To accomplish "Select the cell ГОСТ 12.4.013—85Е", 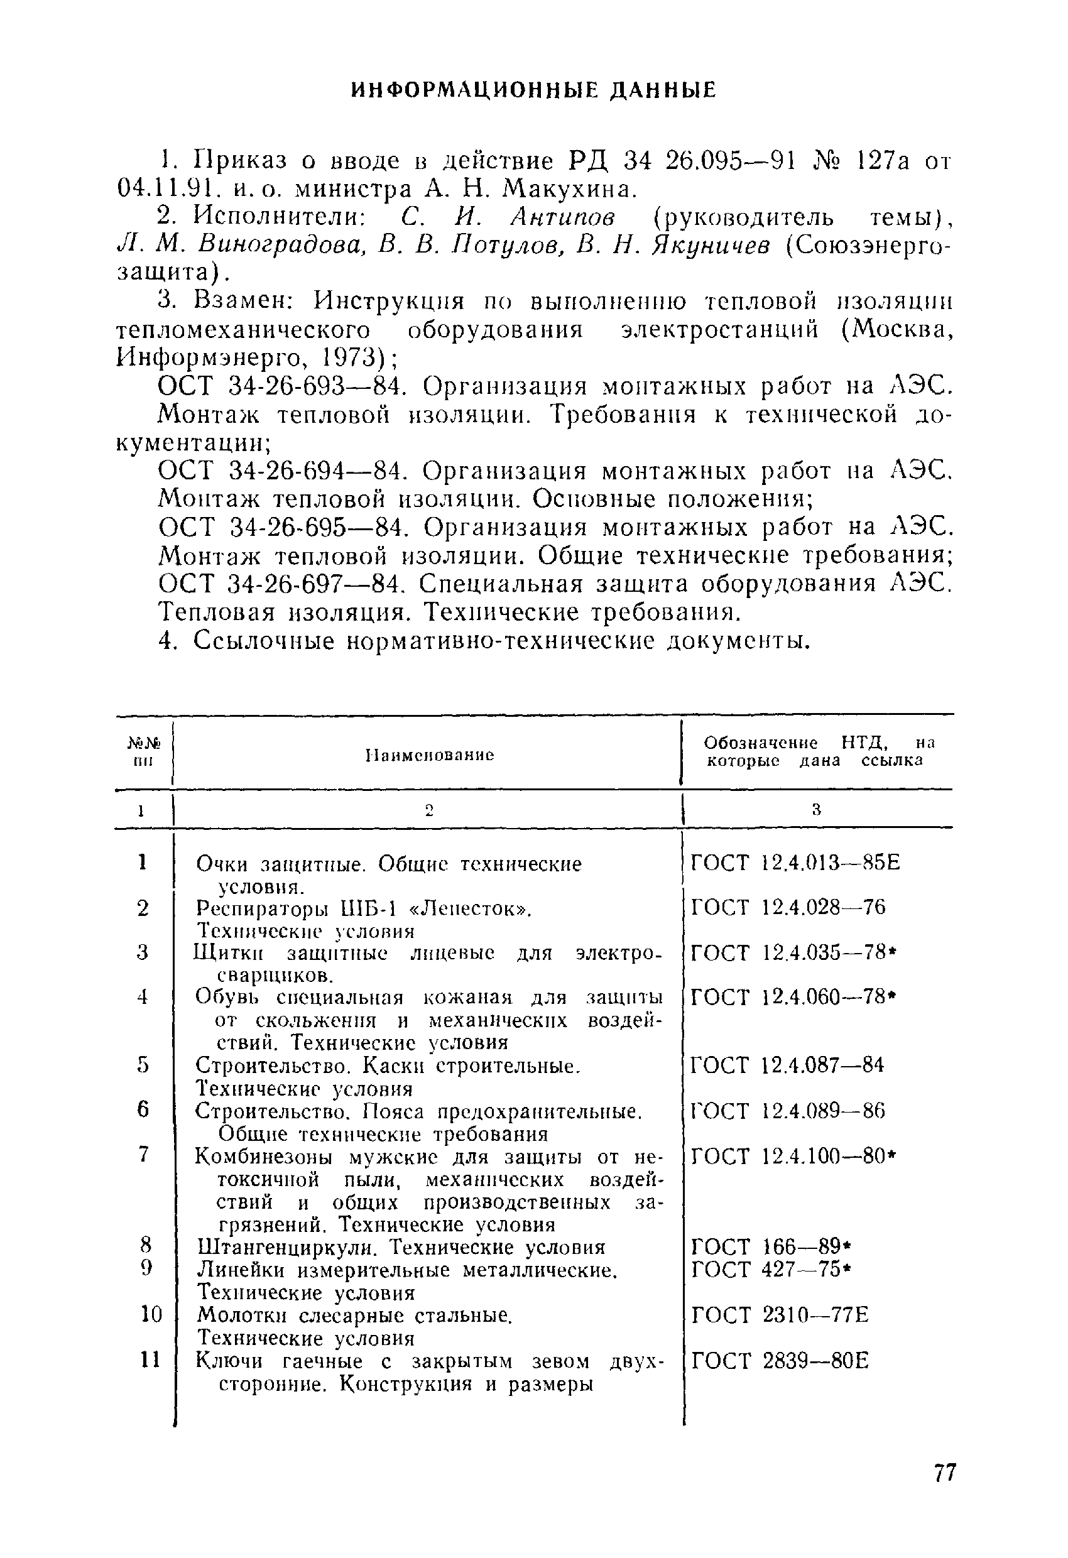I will click(795, 863).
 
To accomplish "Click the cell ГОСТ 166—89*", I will click(770, 1246).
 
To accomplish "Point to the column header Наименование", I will click(430, 755).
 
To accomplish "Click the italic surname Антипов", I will click(562, 217).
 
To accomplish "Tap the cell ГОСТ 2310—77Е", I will click(779, 1315).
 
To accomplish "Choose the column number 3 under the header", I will click(816, 810).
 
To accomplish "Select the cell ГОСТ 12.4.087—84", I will click(787, 1065).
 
